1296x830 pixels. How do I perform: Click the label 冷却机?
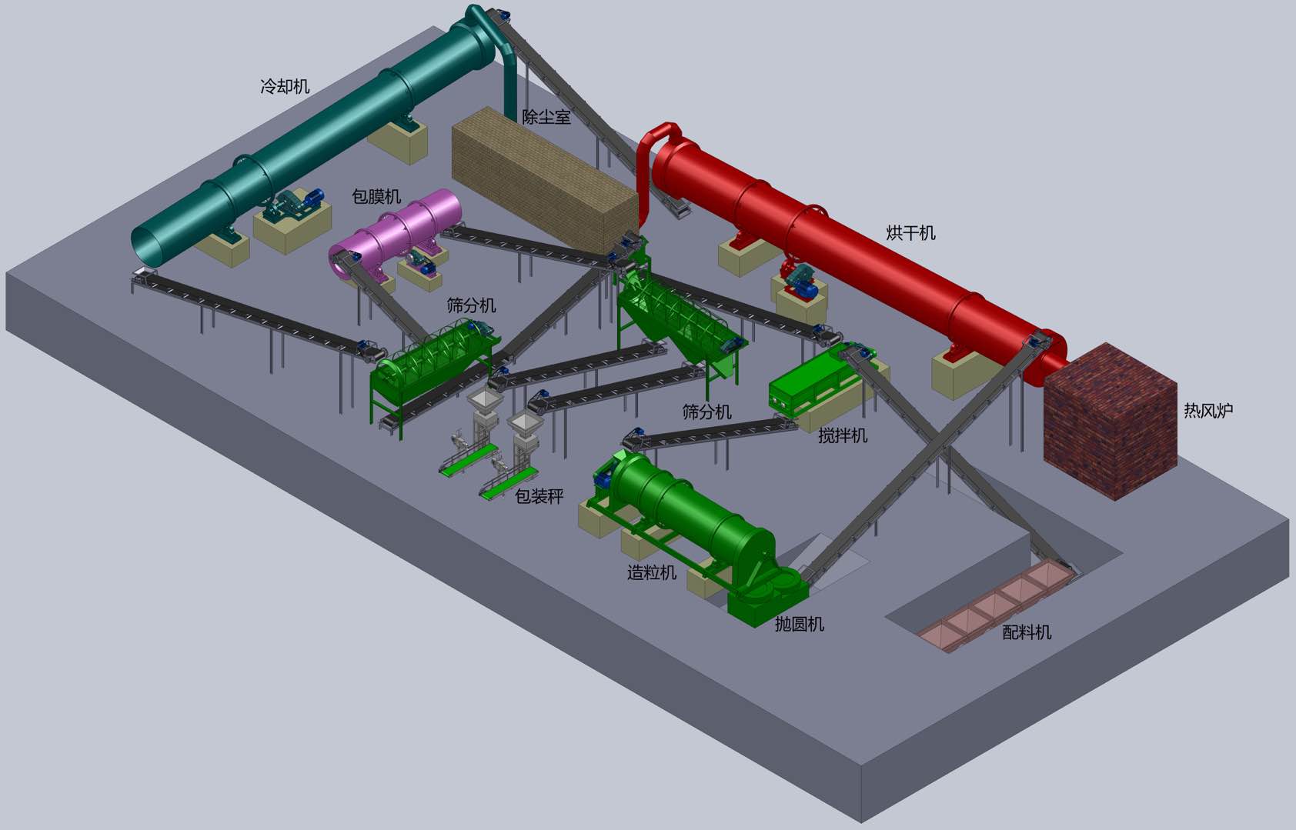click(x=285, y=87)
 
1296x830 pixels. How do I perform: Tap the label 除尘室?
click(x=546, y=117)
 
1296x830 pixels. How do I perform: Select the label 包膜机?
click(x=376, y=197)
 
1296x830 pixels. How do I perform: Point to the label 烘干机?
click(x=910, y=232)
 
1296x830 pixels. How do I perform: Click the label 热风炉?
click(x=1208, y=410)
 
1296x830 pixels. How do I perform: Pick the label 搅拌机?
click(x=843, y=435)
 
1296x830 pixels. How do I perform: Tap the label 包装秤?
click(x=539, y=495)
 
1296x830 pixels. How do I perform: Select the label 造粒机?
click(x=652, y=572)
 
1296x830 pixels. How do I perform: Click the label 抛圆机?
click(x=799, y=624)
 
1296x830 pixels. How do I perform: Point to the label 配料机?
click(x=1027, y=632)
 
